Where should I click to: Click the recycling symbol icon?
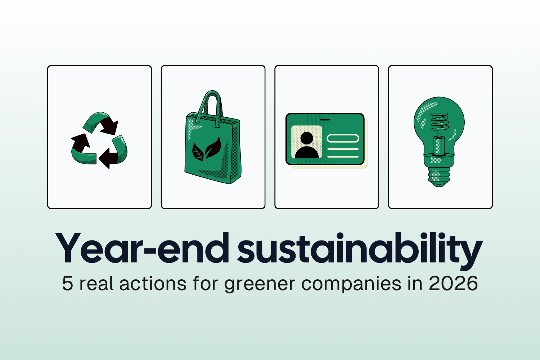pos(99,140)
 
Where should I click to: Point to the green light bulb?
pos(439,140)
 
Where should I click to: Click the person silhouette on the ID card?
pos(307,146)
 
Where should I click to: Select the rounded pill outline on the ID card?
pos(343,138)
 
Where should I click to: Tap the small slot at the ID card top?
pos(325,119)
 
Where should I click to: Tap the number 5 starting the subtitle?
pos(67,284)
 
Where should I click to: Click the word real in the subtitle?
pos(96,284)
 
